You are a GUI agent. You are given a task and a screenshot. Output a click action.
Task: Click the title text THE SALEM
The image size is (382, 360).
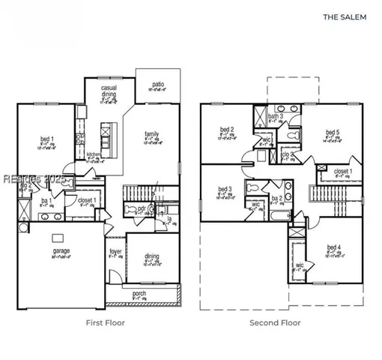(345, 16)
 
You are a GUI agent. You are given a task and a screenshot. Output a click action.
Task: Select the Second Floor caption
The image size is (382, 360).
(275, 323)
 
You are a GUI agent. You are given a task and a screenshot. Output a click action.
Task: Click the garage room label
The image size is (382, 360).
(61, 251)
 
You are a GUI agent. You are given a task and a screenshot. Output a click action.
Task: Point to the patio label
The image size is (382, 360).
(158, 84)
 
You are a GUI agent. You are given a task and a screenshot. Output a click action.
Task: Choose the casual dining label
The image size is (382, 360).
(110, 91)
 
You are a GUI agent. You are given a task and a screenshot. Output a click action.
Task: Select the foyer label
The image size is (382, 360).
(115, 251)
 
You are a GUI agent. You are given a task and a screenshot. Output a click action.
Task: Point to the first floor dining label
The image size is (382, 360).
(151, 256)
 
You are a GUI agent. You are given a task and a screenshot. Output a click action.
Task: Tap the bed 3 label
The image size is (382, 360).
(225, 189)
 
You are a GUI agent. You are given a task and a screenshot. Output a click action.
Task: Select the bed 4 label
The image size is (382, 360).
(334, 247)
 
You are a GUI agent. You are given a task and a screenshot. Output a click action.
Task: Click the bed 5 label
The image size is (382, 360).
(333, 132)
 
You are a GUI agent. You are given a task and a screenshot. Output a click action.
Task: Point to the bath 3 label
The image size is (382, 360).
(276, 116)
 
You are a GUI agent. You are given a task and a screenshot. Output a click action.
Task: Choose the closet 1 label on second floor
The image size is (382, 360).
(343, 171)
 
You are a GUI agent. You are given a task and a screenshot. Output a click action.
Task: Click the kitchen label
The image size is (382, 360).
(93, 154)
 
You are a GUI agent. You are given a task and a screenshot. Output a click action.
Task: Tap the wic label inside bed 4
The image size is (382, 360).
(299, 265)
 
